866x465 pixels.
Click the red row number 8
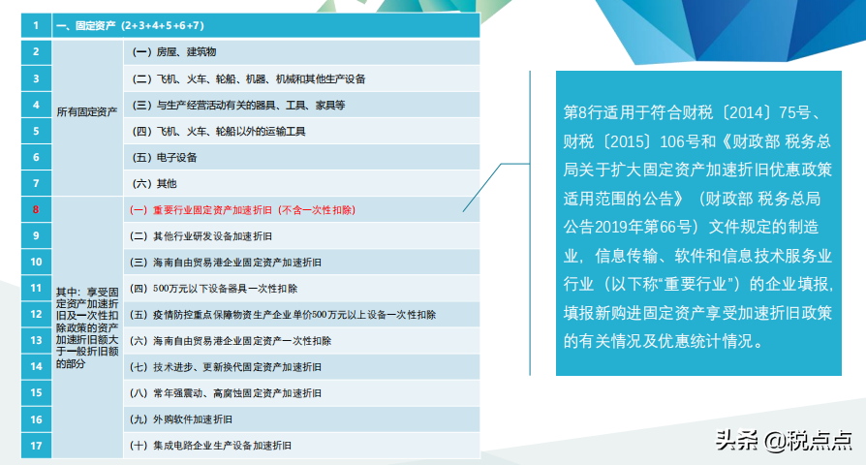36,208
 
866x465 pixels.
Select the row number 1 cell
36,24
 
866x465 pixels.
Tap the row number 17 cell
36,446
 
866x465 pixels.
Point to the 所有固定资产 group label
87,111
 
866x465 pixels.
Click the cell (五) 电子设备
164,157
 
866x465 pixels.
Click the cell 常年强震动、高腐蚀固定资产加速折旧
231,392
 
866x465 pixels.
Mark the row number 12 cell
36,314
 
